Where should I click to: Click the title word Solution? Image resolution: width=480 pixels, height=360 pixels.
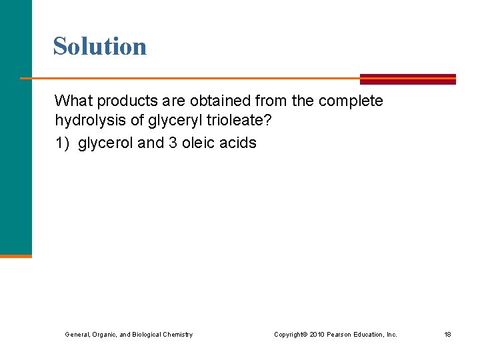coord(100,46)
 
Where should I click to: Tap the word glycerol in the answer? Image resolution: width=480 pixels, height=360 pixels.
coord(105,143)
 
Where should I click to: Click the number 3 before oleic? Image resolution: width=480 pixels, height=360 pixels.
coord(173,143)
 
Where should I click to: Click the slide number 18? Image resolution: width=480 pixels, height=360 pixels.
coord(448,334)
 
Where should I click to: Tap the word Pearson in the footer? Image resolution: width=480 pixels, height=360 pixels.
coord(339,334)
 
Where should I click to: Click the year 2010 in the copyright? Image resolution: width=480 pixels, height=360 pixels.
coord(316,334)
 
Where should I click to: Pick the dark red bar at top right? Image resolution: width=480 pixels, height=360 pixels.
coord(408,79)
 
